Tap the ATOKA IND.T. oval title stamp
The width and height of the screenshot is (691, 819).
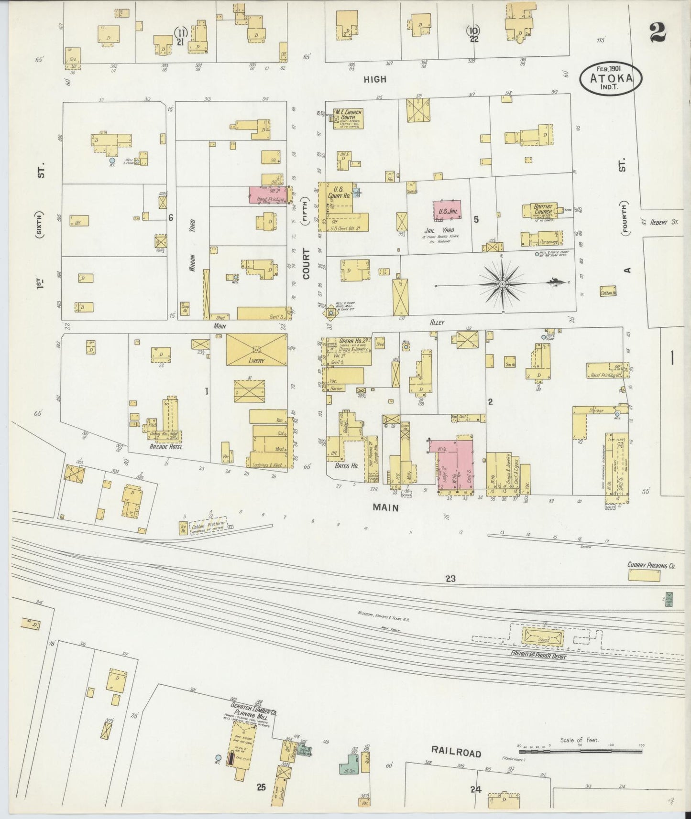tap(611, 78)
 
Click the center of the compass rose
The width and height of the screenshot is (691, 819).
tap(502, 284)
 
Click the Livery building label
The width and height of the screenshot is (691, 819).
tap(256, 360)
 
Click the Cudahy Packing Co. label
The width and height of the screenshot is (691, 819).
tap(651, 565)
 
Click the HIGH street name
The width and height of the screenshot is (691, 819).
tap(374, 79)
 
